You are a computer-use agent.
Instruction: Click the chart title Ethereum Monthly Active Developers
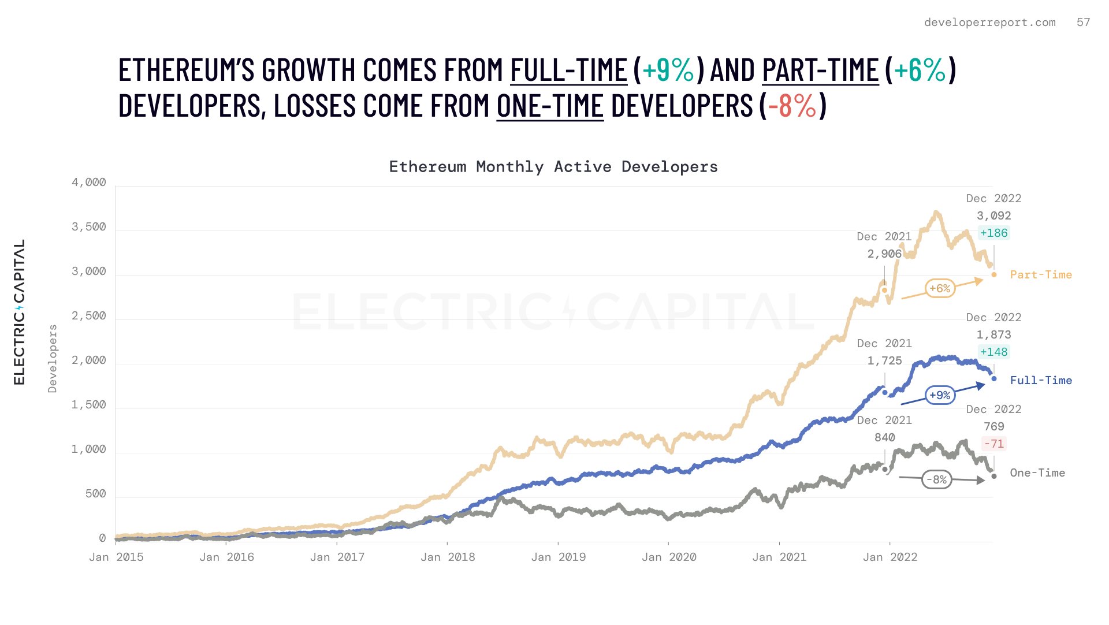click(x=553, y=167)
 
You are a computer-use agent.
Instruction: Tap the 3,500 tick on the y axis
click(x=88, y=227)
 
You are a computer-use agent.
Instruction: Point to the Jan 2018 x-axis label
click(x=448, y=557)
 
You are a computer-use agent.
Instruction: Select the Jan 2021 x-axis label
click(x=779, y=557)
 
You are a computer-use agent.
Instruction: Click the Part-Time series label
click(x=1041, y=275)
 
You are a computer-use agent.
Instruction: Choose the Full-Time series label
click(x=1041, y=381)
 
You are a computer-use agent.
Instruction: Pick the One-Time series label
click(x=1037, y=473)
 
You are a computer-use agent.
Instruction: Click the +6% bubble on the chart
click(x=940, y=288)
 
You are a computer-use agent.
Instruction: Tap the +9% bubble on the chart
click(x=940, y=395)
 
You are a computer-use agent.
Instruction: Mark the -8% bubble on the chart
click(x=936, y=479)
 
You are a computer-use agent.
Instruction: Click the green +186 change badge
click(x=993, y=233)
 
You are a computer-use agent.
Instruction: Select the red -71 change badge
click(x=993, y=444)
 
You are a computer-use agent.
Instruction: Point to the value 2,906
click(x=884, y=254)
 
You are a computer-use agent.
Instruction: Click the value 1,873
click(x=993, y=335)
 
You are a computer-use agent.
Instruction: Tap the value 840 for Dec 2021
click(x=884, y=438)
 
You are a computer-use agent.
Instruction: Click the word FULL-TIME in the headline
click(x=568, y=70)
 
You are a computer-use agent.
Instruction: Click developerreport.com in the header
click(x=989, y=23)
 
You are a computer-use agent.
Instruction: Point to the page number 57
click(x=1083, y=23)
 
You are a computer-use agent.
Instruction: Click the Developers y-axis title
click(x=53, y=359)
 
